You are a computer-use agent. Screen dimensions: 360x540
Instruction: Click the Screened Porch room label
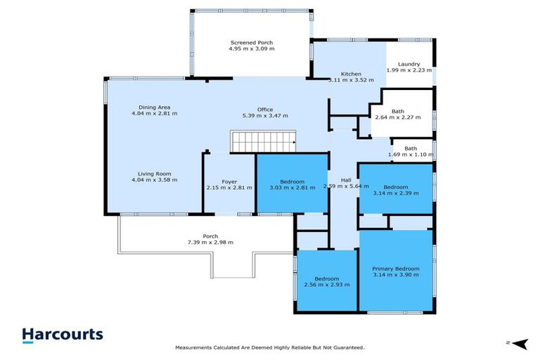[251, 42]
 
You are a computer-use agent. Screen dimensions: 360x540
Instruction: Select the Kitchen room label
[351, 74]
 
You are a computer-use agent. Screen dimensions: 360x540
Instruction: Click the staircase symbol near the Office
[264, 142]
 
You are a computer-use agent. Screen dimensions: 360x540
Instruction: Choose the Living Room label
[153, 174]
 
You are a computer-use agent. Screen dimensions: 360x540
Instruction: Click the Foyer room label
[229, 181]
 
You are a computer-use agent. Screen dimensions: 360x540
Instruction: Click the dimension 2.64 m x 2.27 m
[397, 117]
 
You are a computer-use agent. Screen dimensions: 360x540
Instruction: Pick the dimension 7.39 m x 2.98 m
[210, 242]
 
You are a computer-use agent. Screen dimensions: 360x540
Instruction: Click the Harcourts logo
[63, 335]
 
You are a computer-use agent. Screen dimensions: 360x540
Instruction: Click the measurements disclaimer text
[269, 347]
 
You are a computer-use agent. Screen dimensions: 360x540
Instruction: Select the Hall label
[346, 180]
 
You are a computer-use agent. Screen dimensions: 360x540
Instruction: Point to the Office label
[265, 109]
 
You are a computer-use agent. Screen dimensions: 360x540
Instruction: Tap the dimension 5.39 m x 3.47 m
[265, 115]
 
